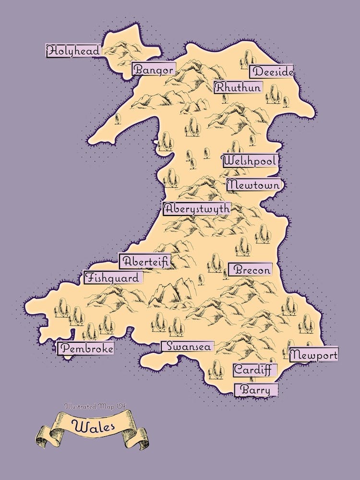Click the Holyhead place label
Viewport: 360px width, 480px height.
click(x=73, y=50)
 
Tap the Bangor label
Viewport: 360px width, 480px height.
click(x=153, y=70)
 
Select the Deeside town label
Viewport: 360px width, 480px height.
click(x=272, y=72)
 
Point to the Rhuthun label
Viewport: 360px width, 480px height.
click(x=238, y=87)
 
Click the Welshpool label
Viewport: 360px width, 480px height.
click(x=250, y=161)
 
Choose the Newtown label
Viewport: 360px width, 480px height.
click(x=253, y=184)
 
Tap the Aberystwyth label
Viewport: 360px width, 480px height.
click(x=197, y=209)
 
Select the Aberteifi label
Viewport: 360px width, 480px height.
click(x=145, y=262)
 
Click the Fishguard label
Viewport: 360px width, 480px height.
click(x=113, y=277)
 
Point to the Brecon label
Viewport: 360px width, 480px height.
click(x=250, y=270)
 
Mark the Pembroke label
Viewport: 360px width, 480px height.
click(x=86, y=348)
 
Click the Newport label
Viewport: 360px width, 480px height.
click(x=314, y=355)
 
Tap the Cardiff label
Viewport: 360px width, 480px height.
click(x=255, y=370)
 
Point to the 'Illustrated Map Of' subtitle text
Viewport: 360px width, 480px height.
click(x=95, y=406)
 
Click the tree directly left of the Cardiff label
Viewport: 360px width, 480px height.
click(x=217, y=369)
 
